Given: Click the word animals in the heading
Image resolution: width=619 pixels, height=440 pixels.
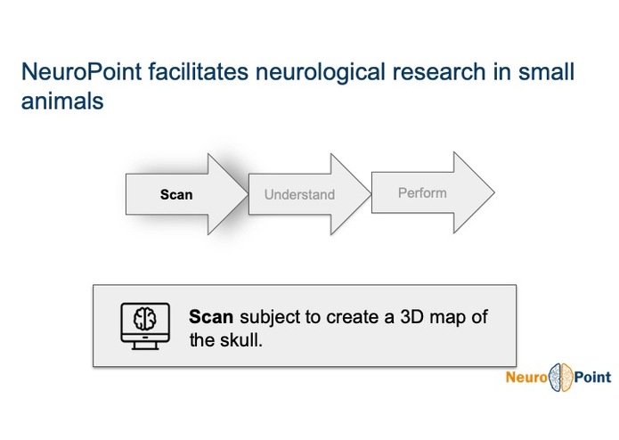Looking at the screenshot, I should (62, 102).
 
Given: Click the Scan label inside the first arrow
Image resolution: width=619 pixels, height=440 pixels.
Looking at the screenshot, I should (176, 194).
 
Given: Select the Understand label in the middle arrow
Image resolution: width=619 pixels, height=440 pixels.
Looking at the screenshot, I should (299, 194).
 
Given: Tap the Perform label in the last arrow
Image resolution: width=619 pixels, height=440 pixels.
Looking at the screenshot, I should (422, 192).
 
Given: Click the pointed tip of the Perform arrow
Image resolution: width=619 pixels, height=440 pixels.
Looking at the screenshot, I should (493, 192).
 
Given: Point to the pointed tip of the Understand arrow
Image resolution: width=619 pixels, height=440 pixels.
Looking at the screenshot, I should (368, 194).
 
